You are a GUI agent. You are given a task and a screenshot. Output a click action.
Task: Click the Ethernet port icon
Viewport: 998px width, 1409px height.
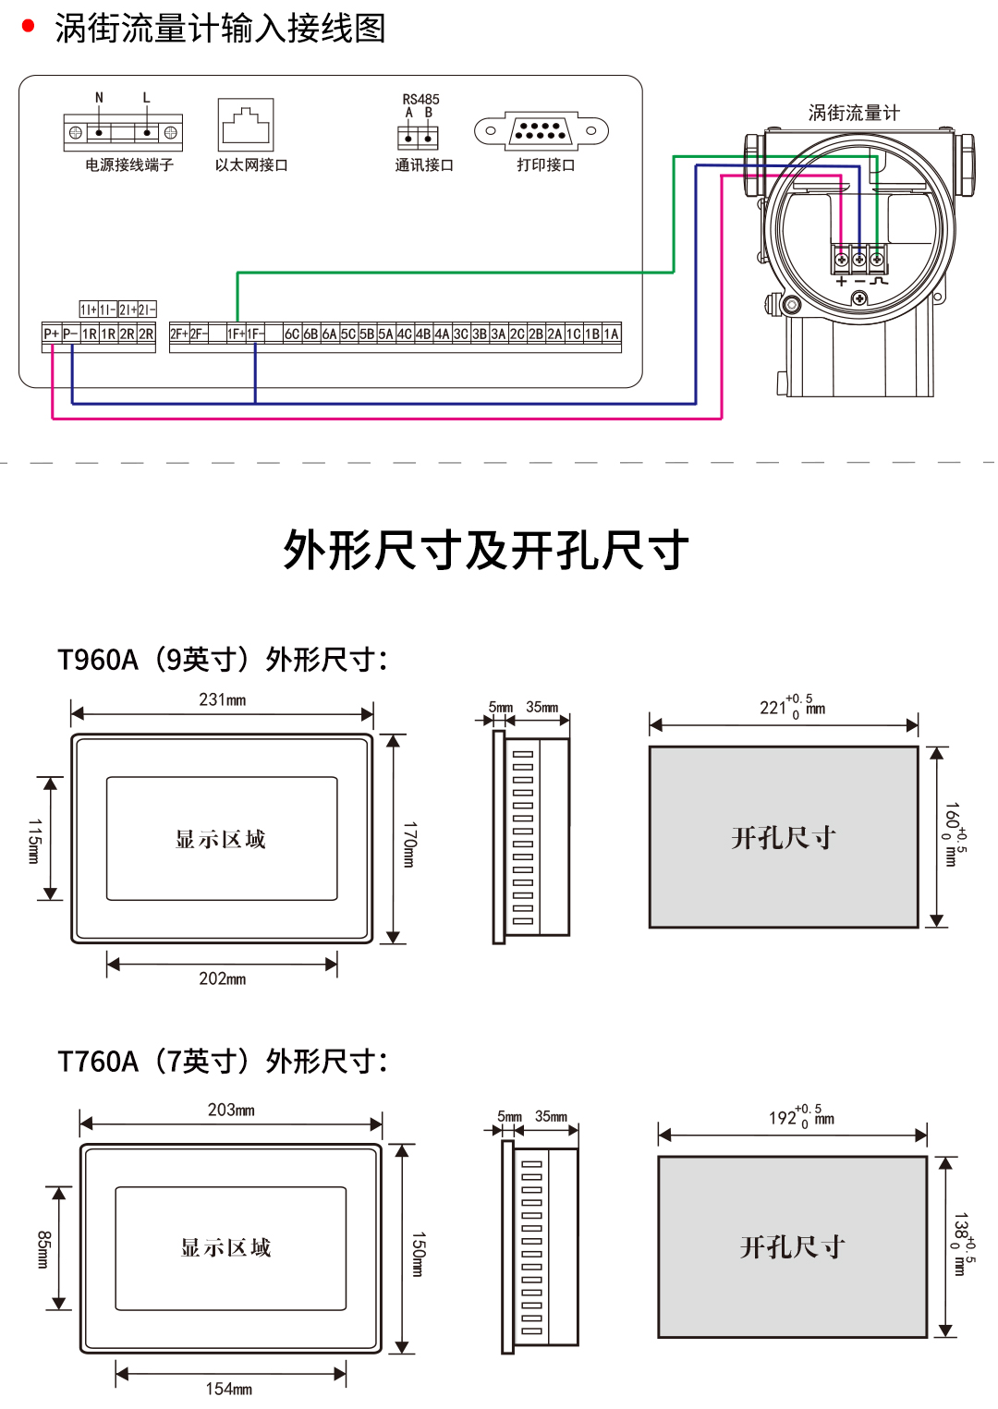(x=246, y=125)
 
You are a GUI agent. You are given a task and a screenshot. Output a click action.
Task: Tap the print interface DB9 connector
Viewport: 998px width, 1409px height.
(x=541, y=131)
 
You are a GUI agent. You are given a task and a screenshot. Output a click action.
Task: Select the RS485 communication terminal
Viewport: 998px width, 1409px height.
(x=418, y=137)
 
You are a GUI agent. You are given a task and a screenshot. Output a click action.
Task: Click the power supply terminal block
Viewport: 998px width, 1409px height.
(x=123, y=132)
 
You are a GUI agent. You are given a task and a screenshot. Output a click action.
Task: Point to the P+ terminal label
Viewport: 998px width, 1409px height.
(x=52, y=334)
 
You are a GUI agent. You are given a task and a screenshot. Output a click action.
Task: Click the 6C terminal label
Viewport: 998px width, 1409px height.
(x=292, y=334)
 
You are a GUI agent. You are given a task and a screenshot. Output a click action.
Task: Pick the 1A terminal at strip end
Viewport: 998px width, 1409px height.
(x=612, y=334)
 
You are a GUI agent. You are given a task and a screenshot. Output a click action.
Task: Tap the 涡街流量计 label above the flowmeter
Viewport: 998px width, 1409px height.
(x=853, y=113)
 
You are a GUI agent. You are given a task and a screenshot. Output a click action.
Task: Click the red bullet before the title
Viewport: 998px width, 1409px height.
(x=28, y=27)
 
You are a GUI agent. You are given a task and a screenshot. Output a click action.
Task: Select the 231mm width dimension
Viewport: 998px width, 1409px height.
(x=223, y=700)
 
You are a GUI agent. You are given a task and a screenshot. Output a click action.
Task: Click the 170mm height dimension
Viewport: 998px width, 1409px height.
(x=409, y=844)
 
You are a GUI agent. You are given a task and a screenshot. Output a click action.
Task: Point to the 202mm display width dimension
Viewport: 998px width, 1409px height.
(x=223, y=978)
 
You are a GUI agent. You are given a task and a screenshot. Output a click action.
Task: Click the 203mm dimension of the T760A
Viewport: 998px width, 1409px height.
(x=231, y=1110)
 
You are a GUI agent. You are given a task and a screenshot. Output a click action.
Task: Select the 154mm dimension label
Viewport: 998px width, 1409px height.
(x=229, y=1389)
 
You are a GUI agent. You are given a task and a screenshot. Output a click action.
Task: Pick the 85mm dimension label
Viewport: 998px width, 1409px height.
(x=43, y=1249)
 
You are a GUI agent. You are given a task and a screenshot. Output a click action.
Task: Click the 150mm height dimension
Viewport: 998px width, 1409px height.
(x=418, y=1254)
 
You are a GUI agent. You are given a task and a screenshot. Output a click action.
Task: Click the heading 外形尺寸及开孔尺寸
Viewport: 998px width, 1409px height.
(x=486, y=551)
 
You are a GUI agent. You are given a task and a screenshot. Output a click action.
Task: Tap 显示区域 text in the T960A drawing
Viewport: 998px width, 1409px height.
(x=221, y=839)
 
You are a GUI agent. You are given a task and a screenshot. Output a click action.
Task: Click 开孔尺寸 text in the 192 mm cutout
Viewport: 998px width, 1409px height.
(x=793, y=1247)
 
